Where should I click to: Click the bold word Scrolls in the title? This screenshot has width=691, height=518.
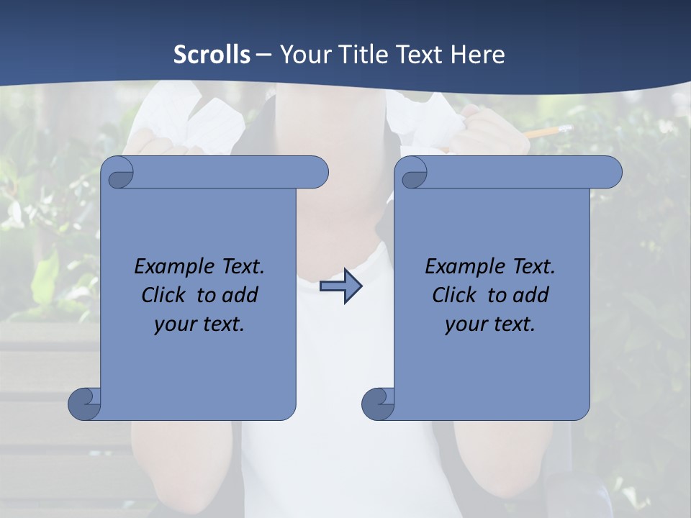(212, 55)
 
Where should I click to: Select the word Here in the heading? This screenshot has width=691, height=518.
(478, 55)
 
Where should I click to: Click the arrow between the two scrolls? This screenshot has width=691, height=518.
(341, 286)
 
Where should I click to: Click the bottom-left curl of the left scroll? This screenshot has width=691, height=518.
(84, 404)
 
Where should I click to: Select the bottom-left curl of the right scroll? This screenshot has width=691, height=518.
(378, 404)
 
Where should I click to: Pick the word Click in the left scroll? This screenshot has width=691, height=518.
(157, 295)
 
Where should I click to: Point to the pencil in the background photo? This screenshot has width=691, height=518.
(544, 132)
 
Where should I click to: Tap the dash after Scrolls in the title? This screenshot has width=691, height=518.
(263, 55)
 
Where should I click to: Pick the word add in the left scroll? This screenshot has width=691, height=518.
(240, 295)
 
